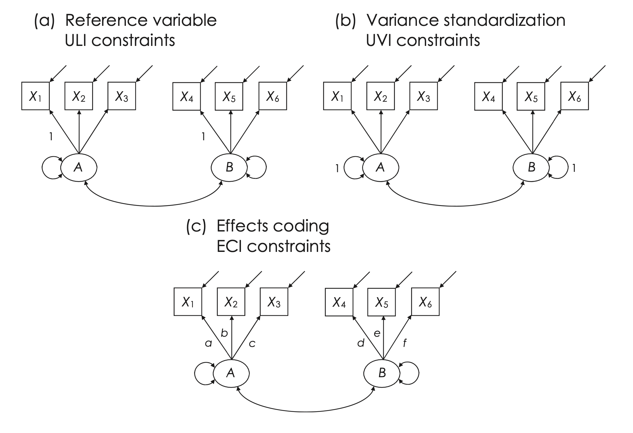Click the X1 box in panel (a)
point(35,96)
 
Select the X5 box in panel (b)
point(531,97)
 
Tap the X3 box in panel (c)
point(274,302)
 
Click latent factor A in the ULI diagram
point(79,167)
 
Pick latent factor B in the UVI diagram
point(531,167)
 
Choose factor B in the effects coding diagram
point(382,373)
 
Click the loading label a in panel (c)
point(208,343)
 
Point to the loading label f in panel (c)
point(405,343)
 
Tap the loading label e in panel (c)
point(377,334)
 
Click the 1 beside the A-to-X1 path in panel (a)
point(51,137)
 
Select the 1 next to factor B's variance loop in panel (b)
point(574,168)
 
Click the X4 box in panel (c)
point(339,302)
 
